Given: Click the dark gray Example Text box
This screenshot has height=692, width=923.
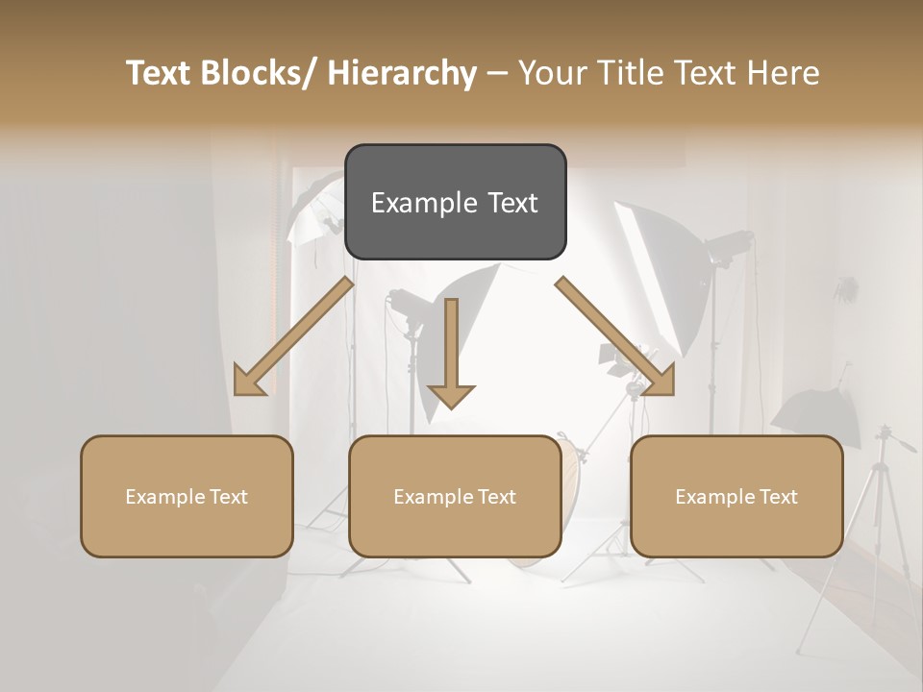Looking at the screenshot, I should [x=455, y=202].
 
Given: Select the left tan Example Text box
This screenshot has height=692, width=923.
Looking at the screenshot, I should [x=187, y=496].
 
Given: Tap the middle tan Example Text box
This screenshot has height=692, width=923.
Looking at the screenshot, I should [x=455, y=496].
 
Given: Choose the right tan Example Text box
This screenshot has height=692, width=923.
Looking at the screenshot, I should [x=736, y=496].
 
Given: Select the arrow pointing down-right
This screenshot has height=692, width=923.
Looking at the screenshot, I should [x=615, y=336].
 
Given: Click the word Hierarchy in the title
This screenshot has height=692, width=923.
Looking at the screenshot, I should [x=403, y=73].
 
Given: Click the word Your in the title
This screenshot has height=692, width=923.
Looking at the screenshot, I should [x=551, y=73].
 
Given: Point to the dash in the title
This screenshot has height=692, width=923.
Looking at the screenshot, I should [x=497, y=73].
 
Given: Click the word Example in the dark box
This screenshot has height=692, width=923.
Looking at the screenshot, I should [x=419, y=203].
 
